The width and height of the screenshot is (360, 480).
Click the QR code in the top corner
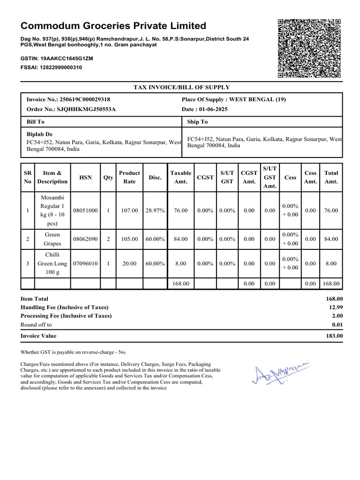coord(309,48)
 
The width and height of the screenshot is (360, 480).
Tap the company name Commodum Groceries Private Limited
coord(113,26)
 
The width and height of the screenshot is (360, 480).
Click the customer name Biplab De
coord(39,135)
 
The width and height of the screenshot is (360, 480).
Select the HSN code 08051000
coord(85,210)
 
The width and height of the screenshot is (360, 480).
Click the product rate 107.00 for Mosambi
coord(129,210)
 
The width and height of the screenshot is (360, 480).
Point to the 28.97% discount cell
coord(155,210)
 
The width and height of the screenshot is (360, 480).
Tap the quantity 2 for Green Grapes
coord(108,239)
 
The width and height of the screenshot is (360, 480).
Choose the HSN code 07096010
coord(85,263)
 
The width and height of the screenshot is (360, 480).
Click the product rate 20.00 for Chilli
coord(129,263)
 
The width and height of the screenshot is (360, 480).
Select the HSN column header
coord(85,178)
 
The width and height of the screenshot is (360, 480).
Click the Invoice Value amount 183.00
coord(334,336)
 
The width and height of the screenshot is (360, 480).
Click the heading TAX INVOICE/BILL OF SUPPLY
coord(182,87)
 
